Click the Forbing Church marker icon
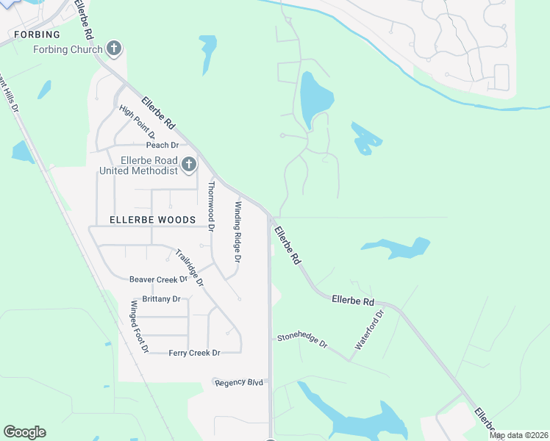pos(113,49)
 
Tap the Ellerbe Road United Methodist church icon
pos(189,165)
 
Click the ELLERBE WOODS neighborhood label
pos(152,220)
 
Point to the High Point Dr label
pos(137,122)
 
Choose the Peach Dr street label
pos(162,146)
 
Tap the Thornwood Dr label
pos(211,207)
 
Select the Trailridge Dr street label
pos(189,268)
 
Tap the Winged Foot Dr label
pos(140,326)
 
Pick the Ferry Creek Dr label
pos(194,353)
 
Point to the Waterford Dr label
pos(370,329)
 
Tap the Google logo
pos(24,432)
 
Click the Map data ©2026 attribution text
pos(519,435)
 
